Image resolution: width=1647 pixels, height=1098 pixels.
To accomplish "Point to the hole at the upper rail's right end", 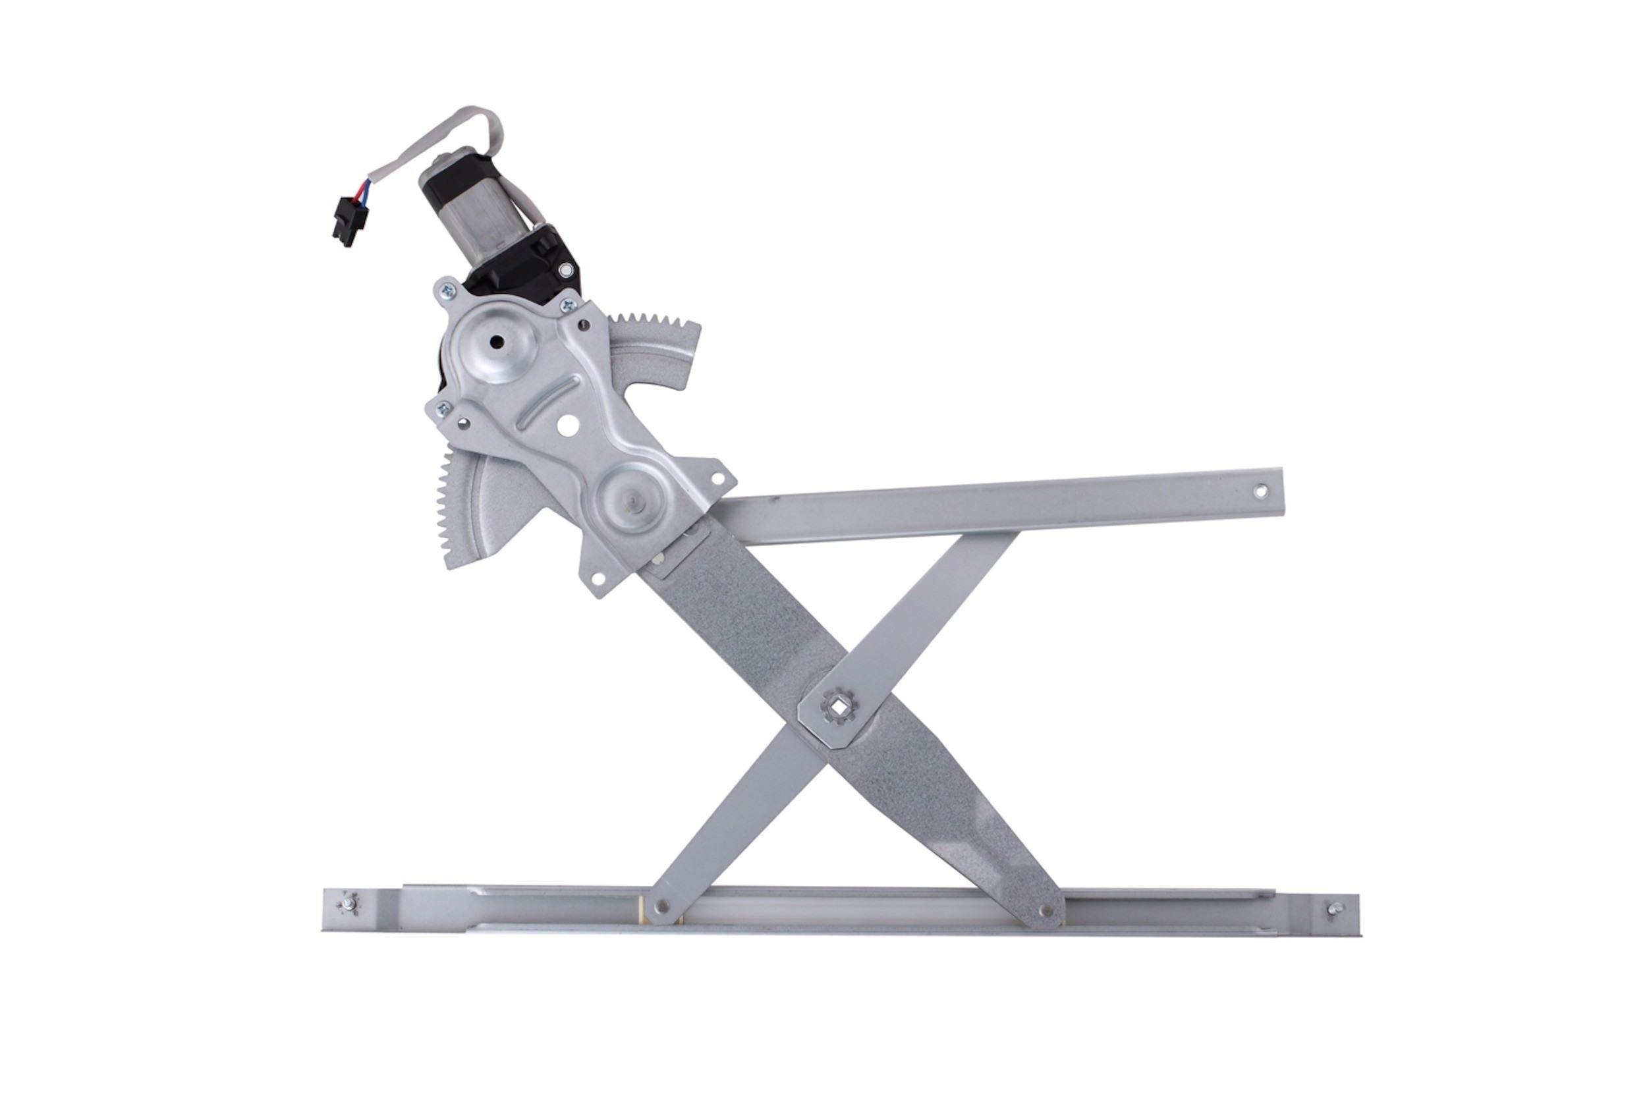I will (x=1260, y=491).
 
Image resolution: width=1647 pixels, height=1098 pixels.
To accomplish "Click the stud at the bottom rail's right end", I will (x=1335, y=910).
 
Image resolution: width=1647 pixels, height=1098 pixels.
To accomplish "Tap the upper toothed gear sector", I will (x=658, y=354).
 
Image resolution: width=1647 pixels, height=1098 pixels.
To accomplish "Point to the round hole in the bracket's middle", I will (x=569, y=424).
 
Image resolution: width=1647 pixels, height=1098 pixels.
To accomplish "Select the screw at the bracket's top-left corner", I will (x=445, y=290).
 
